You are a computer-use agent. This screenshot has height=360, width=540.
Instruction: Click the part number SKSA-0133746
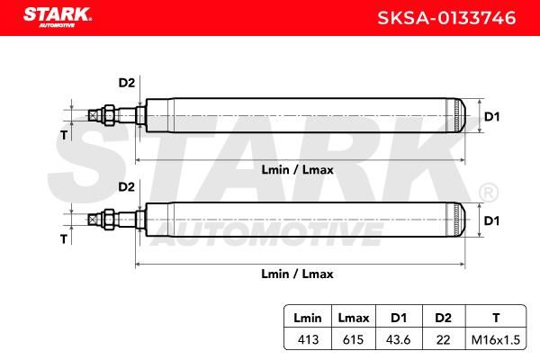pos(446,18)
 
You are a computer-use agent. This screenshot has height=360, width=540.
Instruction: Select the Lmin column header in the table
pos(308,318)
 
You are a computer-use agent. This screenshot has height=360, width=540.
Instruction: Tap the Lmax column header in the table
pos(354,318)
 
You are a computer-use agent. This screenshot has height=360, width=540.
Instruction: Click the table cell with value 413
pos(308,339)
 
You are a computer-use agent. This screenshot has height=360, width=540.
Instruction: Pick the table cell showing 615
pos(353,339)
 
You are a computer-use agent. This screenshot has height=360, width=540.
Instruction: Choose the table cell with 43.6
pos(399,339)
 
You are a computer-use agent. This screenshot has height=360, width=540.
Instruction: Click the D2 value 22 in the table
pos(443,339)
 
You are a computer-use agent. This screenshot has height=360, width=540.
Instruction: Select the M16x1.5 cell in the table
pos(496,339)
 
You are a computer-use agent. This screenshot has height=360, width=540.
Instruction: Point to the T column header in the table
pos(496,318)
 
